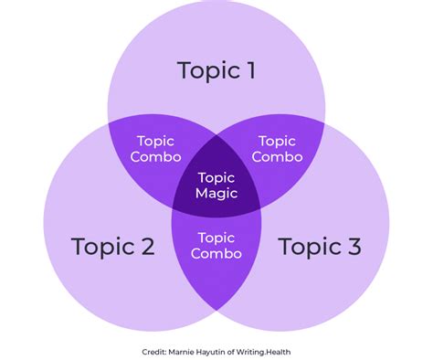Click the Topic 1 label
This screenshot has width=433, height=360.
tap(216, 70)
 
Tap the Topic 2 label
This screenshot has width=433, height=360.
tap(112, 246)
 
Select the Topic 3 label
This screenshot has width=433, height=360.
tap(320, 246)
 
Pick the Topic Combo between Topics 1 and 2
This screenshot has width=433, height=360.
tap(155, 149)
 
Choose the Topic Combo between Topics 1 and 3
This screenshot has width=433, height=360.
tap(277, 149)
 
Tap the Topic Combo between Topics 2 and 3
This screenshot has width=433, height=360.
tap(216, 246)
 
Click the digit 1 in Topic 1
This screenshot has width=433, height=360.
tap(251, 70)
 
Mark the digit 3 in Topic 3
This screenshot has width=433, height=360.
tap(354, 246)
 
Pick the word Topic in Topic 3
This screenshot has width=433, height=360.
tap(308, 246)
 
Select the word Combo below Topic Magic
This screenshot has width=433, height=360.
tap(216, 254)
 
